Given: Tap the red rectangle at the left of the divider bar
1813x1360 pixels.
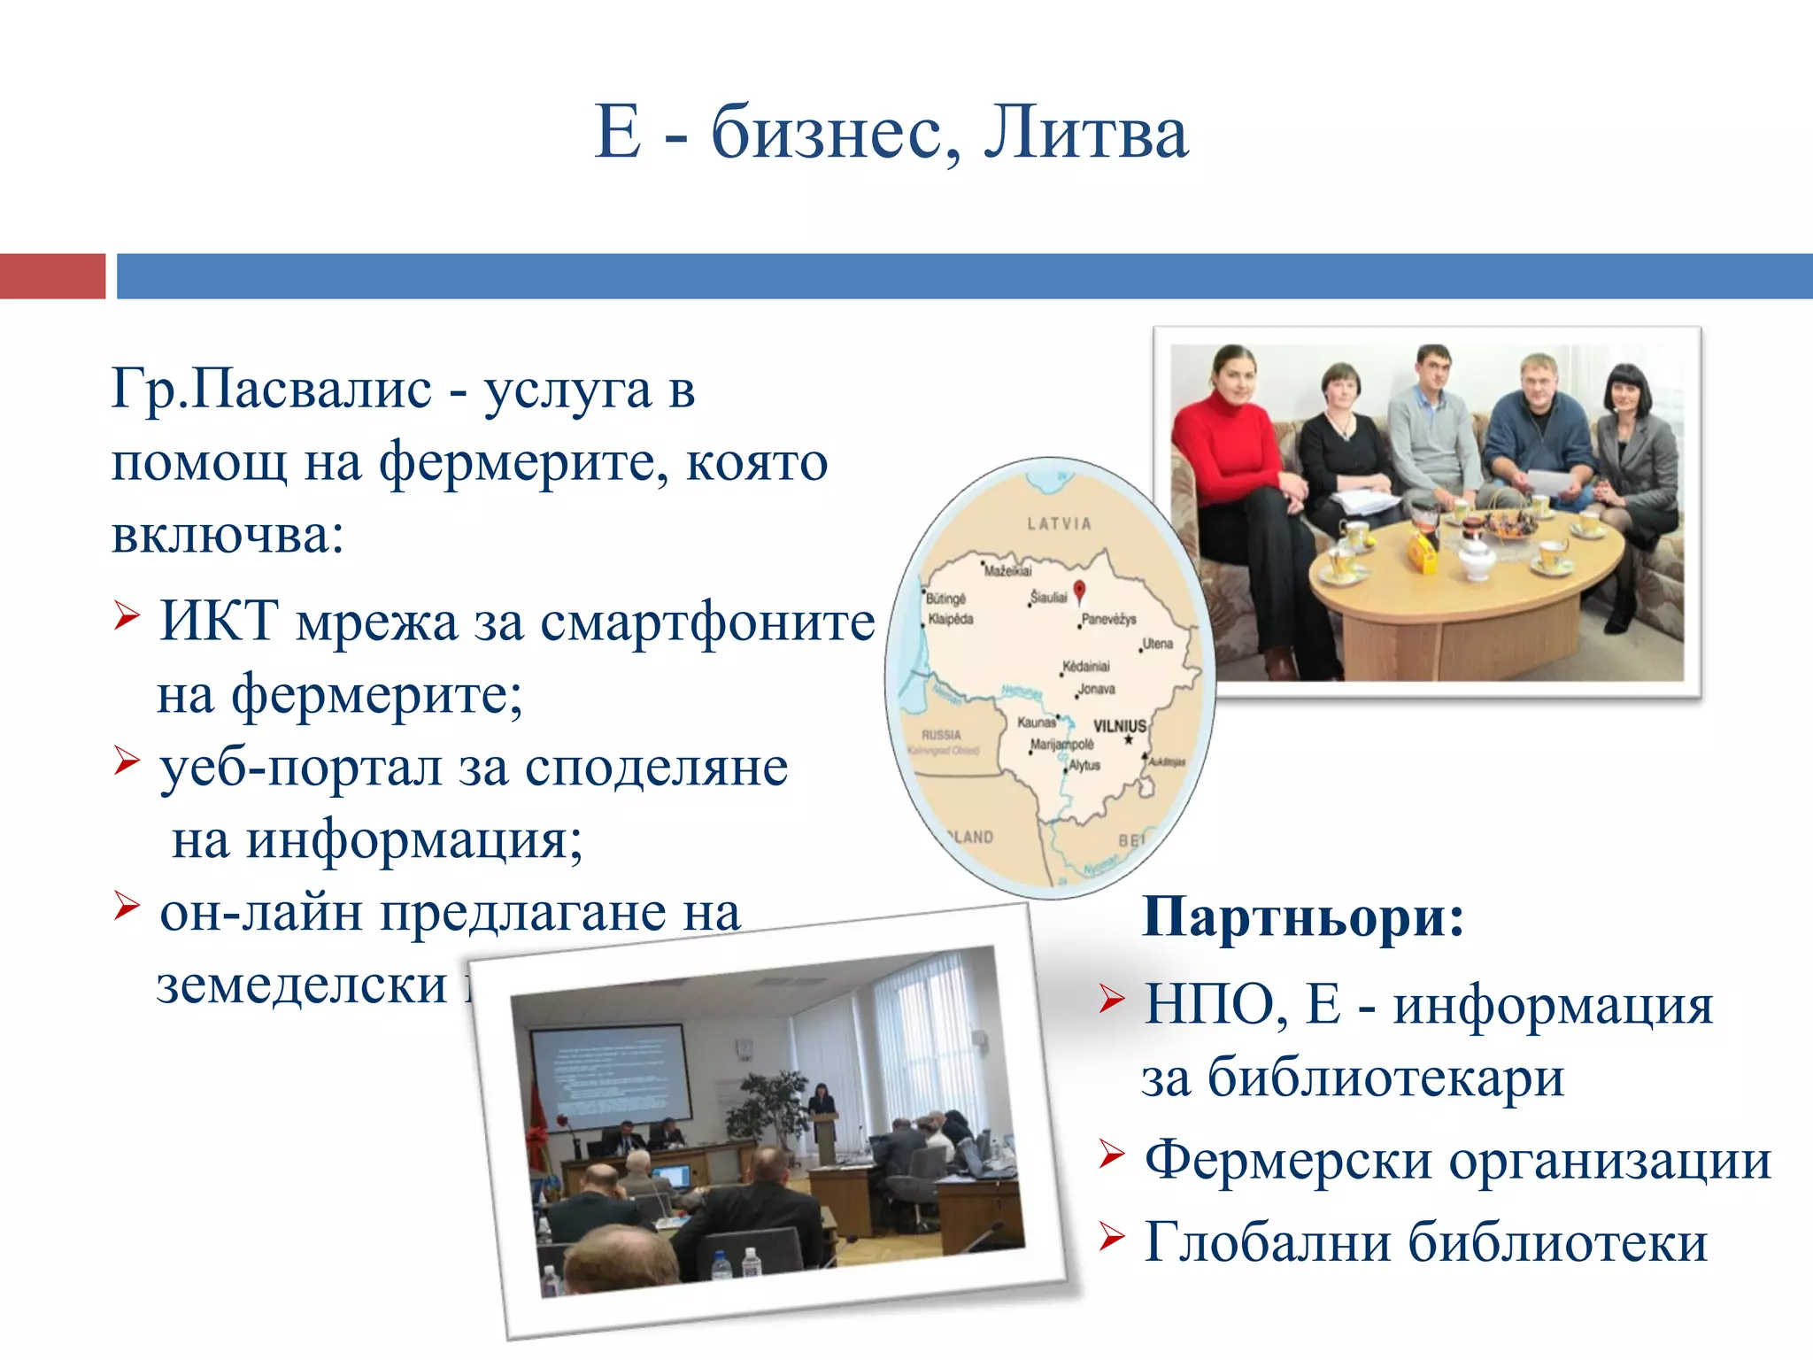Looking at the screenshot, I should click(52, 276).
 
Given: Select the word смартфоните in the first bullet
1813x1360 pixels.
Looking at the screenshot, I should click(707, 622).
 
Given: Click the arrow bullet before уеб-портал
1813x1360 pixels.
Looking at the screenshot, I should click(127, 760).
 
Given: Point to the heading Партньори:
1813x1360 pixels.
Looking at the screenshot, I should click(1303, 917).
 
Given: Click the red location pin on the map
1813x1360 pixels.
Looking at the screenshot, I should click(1079, 591).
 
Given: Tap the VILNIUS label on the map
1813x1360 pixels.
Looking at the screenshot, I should click(1119, 726).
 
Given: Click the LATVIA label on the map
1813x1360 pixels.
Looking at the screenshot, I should click(1059, 524).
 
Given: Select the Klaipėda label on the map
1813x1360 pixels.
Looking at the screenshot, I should click(950, 619).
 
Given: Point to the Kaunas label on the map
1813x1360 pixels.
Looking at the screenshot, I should click(1036, 722).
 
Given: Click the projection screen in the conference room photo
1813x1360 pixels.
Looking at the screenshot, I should click(610, 1075).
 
